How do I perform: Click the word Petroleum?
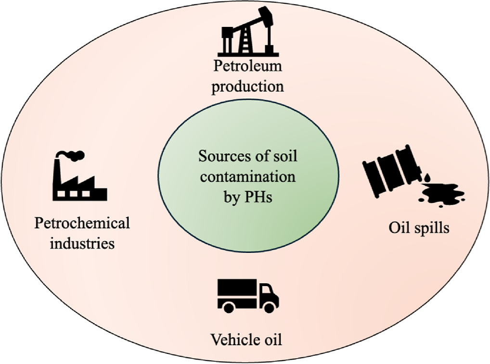point(247,66)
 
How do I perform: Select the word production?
point(247,87)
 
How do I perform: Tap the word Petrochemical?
point(82,223)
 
